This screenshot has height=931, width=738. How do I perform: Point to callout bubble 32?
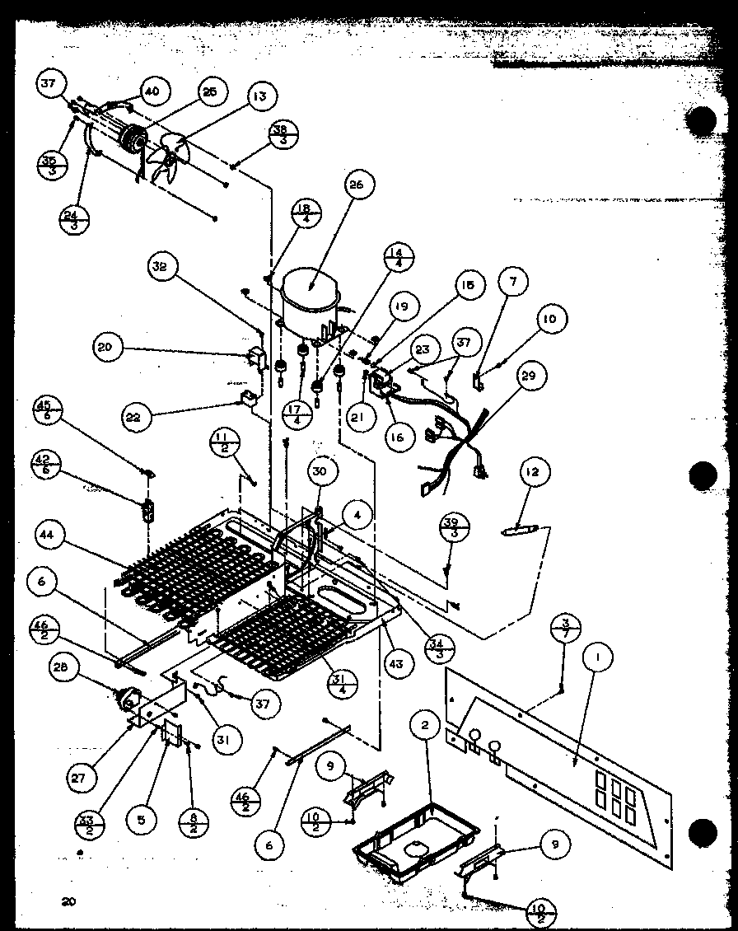point(160,266)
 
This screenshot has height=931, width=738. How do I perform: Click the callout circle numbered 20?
point(105,348)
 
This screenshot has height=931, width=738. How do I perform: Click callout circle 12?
point(531,472)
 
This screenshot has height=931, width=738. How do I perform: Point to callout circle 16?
point(398,437)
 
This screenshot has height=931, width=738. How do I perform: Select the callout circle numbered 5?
point(142,820)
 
